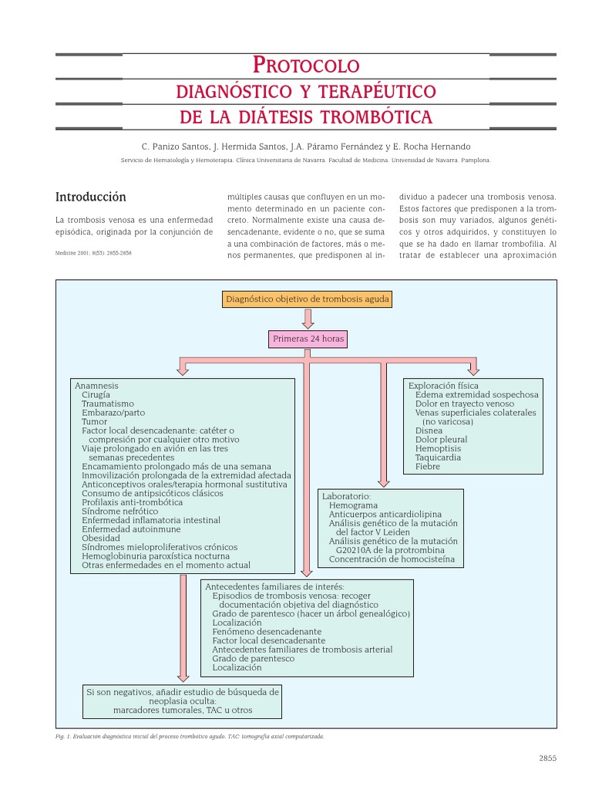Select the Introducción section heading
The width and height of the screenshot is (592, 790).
click(x=91, y=197)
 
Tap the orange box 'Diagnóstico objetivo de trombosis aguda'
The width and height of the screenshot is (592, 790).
click(x=308, y=299)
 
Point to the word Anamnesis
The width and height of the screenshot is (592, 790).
click(x=96, y=385)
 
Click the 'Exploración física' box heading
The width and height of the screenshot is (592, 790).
click(x=443, y=385)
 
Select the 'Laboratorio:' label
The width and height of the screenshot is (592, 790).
click(x=346, y=496)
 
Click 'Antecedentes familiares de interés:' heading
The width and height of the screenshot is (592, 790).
click(x=274, y=586)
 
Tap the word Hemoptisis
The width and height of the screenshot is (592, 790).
click(x=438, y=448)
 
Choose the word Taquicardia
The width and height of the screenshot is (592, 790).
click(x=438, y=457)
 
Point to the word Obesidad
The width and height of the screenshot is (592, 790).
click(x=101, y=538)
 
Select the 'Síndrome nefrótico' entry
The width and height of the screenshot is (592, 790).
click(x=119, y=511)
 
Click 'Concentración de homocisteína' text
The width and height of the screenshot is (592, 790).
click(x=392, y=559)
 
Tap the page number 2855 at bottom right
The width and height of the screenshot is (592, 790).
click(x=547, y=758)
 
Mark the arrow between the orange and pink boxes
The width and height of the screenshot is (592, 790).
click(x=308, y=318)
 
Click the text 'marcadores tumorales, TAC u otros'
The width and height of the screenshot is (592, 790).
click(x=183, y=710)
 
